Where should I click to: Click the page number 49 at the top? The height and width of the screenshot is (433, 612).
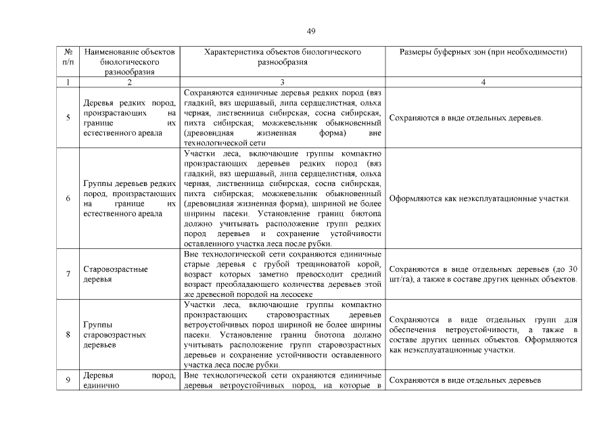click(x=311, y=31)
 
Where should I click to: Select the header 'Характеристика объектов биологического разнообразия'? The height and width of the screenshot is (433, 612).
click(x=283, y=57)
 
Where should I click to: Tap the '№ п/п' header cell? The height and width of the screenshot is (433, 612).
click(x=68, y=57)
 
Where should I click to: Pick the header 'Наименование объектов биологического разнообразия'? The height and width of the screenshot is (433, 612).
click(x=129, y=61)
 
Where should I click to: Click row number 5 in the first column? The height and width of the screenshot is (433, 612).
click(x=68, y=118)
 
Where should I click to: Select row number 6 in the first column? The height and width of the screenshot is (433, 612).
click(x=68, y=199)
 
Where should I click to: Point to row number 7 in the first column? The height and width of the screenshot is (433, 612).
click(x=68, y=274)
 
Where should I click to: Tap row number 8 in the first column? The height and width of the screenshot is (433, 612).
click(x=68, y=334)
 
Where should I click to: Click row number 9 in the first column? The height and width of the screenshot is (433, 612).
click(x=68, y=380)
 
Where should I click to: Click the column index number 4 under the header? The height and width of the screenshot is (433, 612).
click(x=483, y=83)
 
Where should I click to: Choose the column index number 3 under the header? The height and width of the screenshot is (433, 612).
click(x=283, y=83)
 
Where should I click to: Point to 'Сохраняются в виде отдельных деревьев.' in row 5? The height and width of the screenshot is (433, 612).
click(x=467, y=118)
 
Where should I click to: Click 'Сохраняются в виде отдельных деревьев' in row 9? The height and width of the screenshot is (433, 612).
click(x=465, y=380)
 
